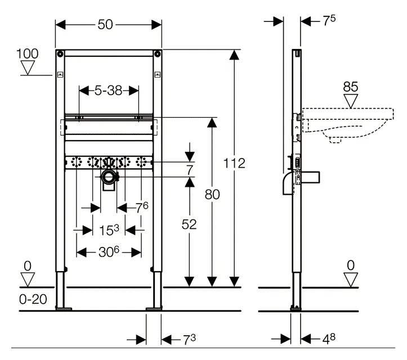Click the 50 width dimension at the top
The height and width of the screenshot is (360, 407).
point(105,25)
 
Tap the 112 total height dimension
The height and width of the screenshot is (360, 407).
point(234,163)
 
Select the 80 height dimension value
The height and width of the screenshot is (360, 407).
point(212,195)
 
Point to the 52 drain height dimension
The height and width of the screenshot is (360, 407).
point(189,224)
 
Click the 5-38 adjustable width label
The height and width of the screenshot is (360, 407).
point(108,91)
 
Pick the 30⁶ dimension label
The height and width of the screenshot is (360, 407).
point(109,252)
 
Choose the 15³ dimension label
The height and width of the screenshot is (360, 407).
point(109,230)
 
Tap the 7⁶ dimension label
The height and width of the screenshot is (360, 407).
point(142,208)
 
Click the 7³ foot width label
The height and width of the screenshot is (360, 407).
point(190,340)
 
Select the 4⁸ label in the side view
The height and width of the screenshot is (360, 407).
point(329,339)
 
